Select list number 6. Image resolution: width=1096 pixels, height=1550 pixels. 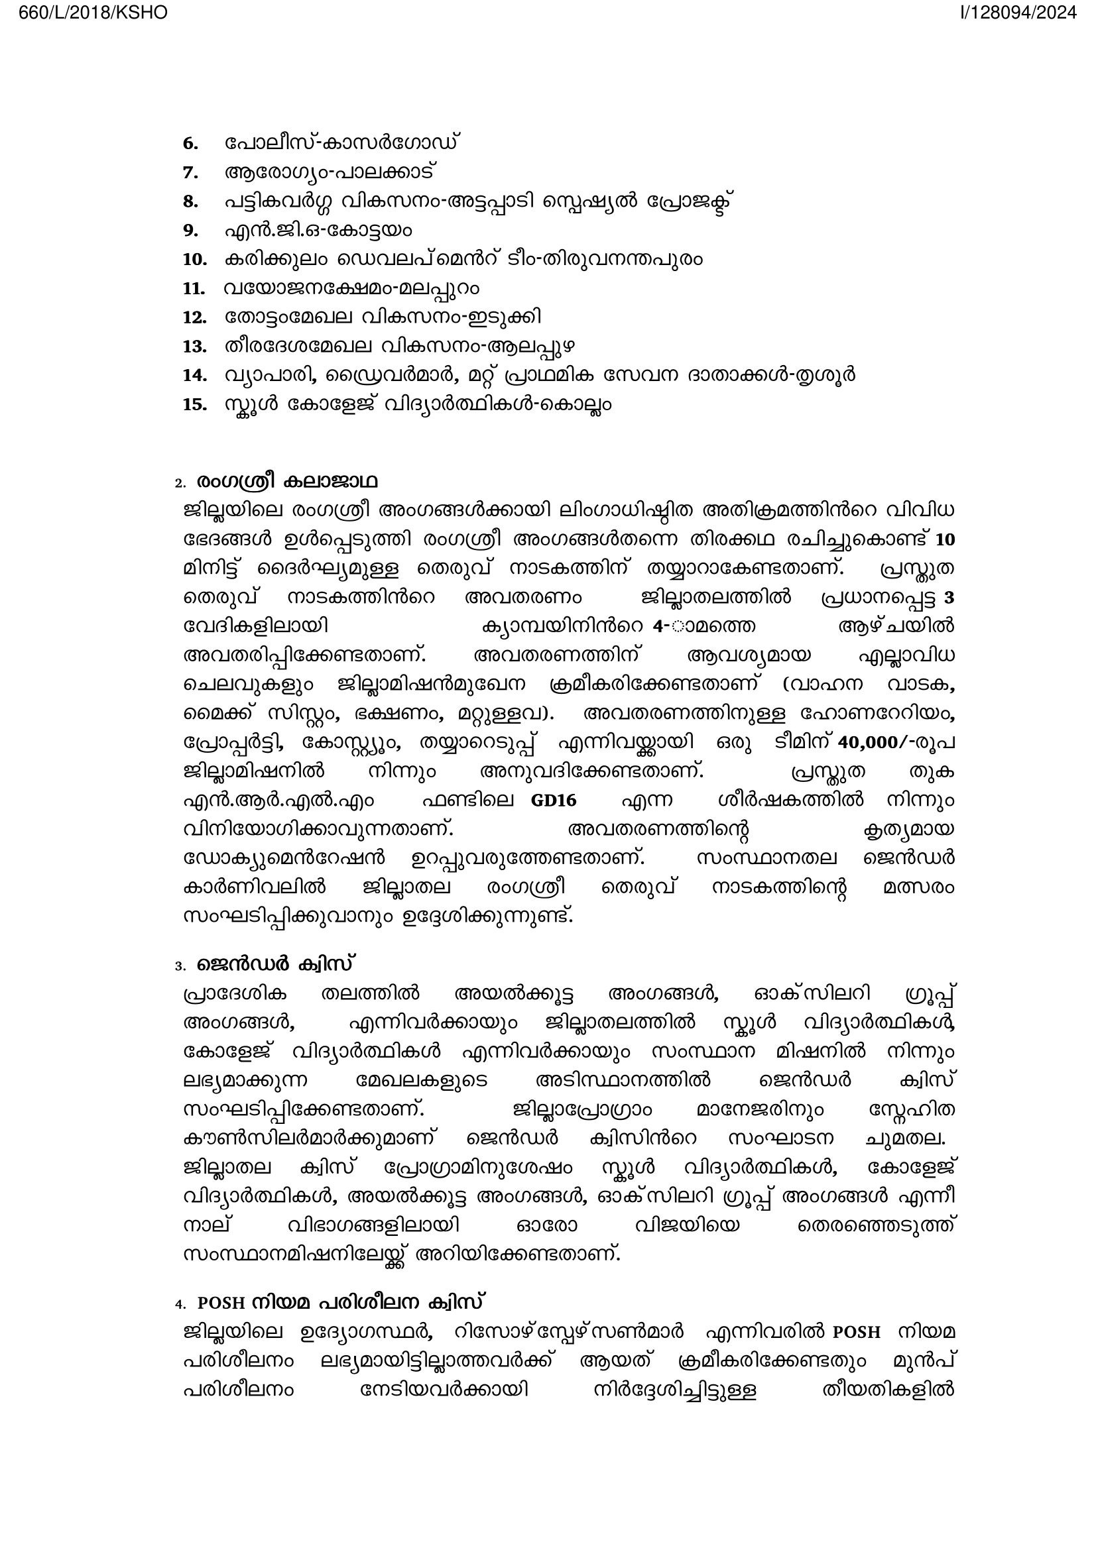click(x=190, y=144)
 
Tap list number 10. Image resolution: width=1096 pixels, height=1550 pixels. click(x=194, y=260)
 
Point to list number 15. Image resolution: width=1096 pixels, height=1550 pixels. click(x=194, y=405)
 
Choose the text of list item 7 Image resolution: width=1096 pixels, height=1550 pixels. click(x=330, y=172)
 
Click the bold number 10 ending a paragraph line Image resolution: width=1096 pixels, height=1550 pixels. click(x=945, y=540)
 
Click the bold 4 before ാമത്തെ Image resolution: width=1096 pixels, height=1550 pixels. click(x=658, y=626)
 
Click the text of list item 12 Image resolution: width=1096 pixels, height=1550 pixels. click(x=382, y=317)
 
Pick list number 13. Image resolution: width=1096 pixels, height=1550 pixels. click(x=194, y=347)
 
